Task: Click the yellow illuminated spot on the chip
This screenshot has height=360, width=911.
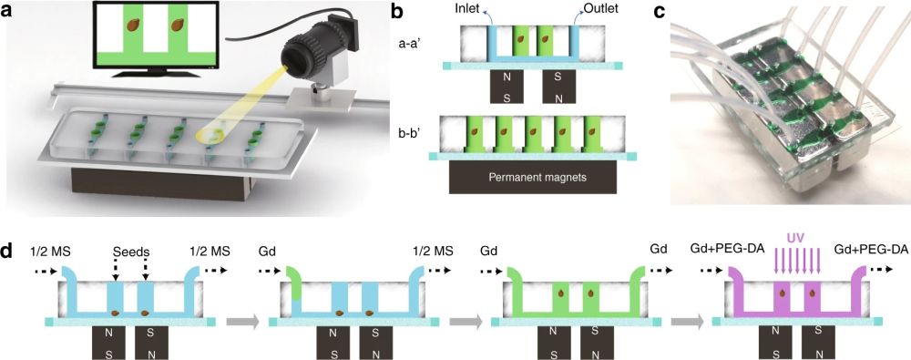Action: tap(211, 133)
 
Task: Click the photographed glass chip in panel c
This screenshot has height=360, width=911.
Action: tap(783, 128)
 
